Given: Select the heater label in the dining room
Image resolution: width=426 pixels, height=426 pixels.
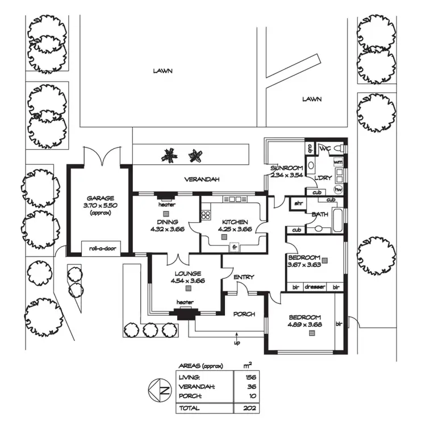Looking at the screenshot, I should click(165, 204).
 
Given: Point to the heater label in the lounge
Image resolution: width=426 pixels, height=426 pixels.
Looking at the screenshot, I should click(184, 302).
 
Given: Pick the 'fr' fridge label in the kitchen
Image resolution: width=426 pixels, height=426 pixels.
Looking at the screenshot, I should click(233, 247).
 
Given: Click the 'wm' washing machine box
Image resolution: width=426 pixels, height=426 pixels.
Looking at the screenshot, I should click(338, 162).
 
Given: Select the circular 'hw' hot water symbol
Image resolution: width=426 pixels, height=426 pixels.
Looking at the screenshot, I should click(338, 189).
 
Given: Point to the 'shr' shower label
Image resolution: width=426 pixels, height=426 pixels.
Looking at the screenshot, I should click(298, 202).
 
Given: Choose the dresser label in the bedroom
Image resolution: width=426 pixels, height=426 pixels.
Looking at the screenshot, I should click(315, 287).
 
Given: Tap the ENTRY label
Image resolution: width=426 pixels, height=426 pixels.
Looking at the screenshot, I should click(243, 277).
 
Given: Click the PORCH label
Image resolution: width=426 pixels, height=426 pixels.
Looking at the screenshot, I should click(244, 314).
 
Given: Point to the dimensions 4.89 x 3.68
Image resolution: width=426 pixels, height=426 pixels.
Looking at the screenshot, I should click(304, 325).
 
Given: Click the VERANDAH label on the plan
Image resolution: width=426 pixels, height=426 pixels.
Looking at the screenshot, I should click(202, 179).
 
